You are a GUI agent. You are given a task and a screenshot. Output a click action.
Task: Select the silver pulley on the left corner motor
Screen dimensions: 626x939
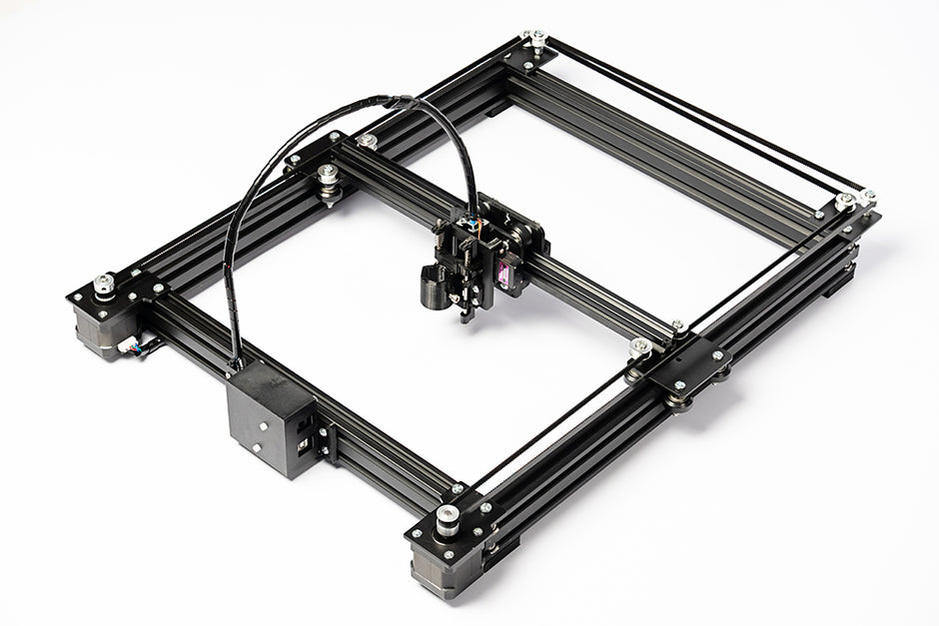pos(104,285)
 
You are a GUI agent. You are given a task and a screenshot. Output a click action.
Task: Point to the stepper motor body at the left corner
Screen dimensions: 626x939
pos(100,329)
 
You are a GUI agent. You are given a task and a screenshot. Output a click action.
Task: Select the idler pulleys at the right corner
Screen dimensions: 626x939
pos(847,203)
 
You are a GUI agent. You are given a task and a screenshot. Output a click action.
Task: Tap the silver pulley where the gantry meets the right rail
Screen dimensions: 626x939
pos(640,347)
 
